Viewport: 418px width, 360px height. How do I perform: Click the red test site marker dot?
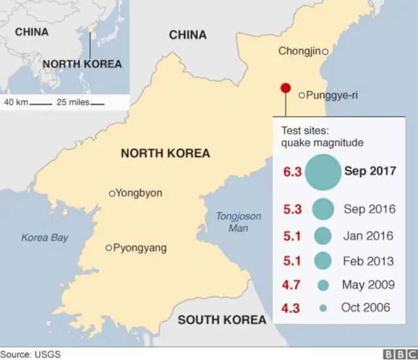[x=285, y=88]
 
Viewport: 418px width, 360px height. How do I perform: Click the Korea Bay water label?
[x=44, y=238]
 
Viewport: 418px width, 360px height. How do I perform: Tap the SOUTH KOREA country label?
[x=222, y=319]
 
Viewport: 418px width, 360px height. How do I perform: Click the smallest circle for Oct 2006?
[x=322, y=307]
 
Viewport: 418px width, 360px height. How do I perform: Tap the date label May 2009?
[x=368, y=285]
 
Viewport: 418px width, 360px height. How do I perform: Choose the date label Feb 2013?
[x=368, y=261]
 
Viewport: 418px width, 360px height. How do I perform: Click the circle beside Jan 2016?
[x=322, y=236]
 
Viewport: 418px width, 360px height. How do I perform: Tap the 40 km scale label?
[x=16, y=102]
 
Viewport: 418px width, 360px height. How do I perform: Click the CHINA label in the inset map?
[x=31, y=31]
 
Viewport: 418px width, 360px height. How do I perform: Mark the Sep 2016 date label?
[x=370, y=210]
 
